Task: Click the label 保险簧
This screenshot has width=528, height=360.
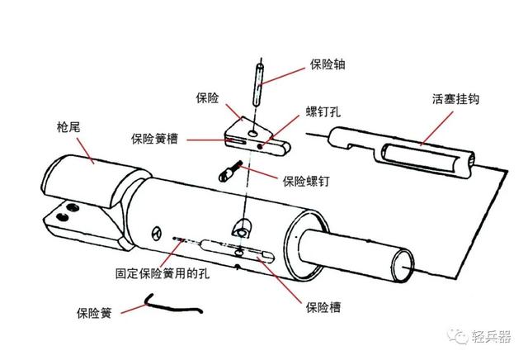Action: pos(92,313)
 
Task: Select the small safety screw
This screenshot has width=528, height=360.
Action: pos(229,174)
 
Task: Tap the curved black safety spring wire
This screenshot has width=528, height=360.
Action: pos(174,305)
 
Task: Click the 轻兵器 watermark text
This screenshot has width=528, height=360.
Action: pos(492,337)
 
